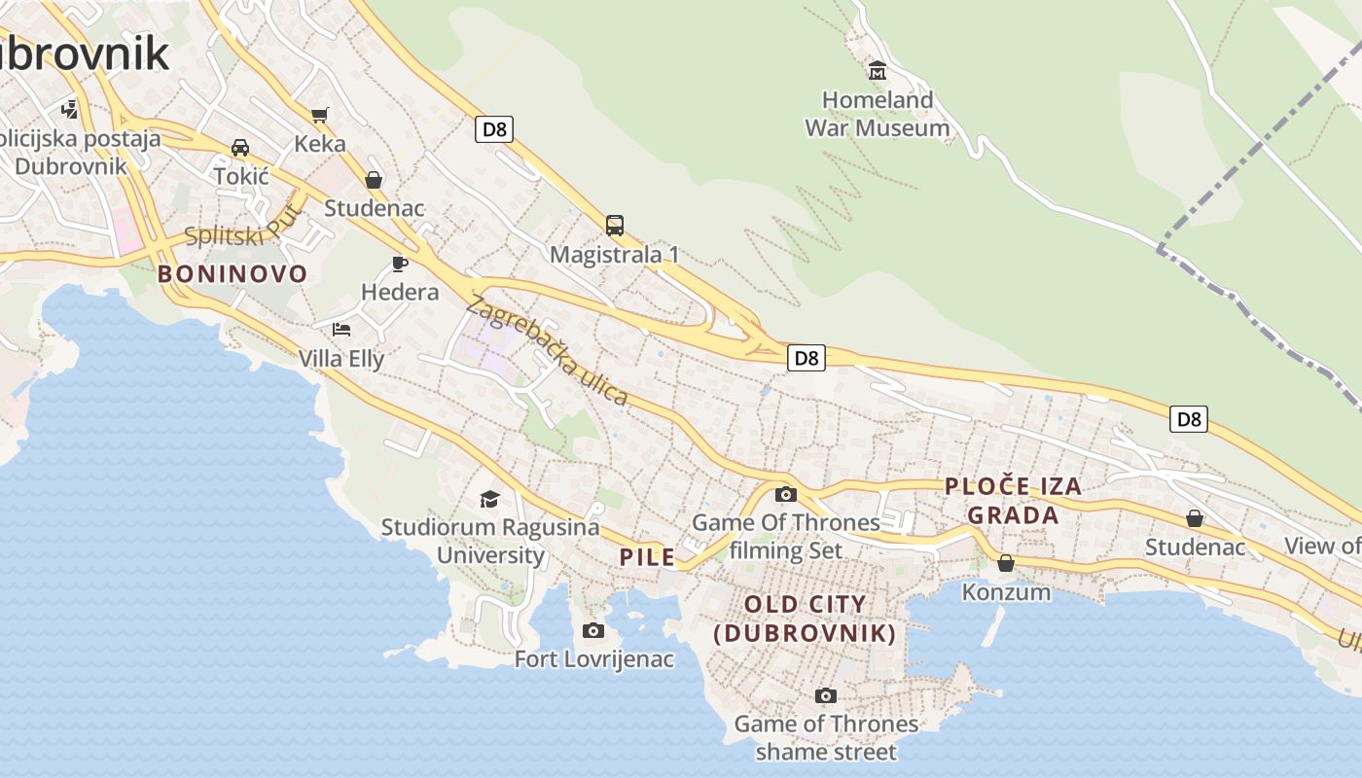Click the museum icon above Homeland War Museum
878,70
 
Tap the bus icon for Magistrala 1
615,226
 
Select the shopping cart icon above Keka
319,115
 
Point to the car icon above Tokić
240,148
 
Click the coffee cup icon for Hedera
399,264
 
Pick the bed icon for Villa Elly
340,330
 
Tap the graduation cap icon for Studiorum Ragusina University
489,499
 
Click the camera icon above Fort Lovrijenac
592,631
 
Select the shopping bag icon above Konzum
1006,563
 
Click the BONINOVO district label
233,274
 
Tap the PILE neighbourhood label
647,557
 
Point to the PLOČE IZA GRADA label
1013,501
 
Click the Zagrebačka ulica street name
547,350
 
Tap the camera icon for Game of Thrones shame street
825,695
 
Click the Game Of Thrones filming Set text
786,536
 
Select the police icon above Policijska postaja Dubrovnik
70,109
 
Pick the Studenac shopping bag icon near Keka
374,180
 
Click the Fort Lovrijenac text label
593,659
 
